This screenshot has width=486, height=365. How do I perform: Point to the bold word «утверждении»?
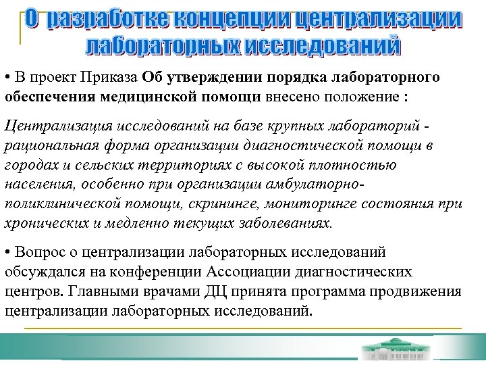pos(215,77)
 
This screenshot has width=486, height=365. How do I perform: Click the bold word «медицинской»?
pos(149,96)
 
